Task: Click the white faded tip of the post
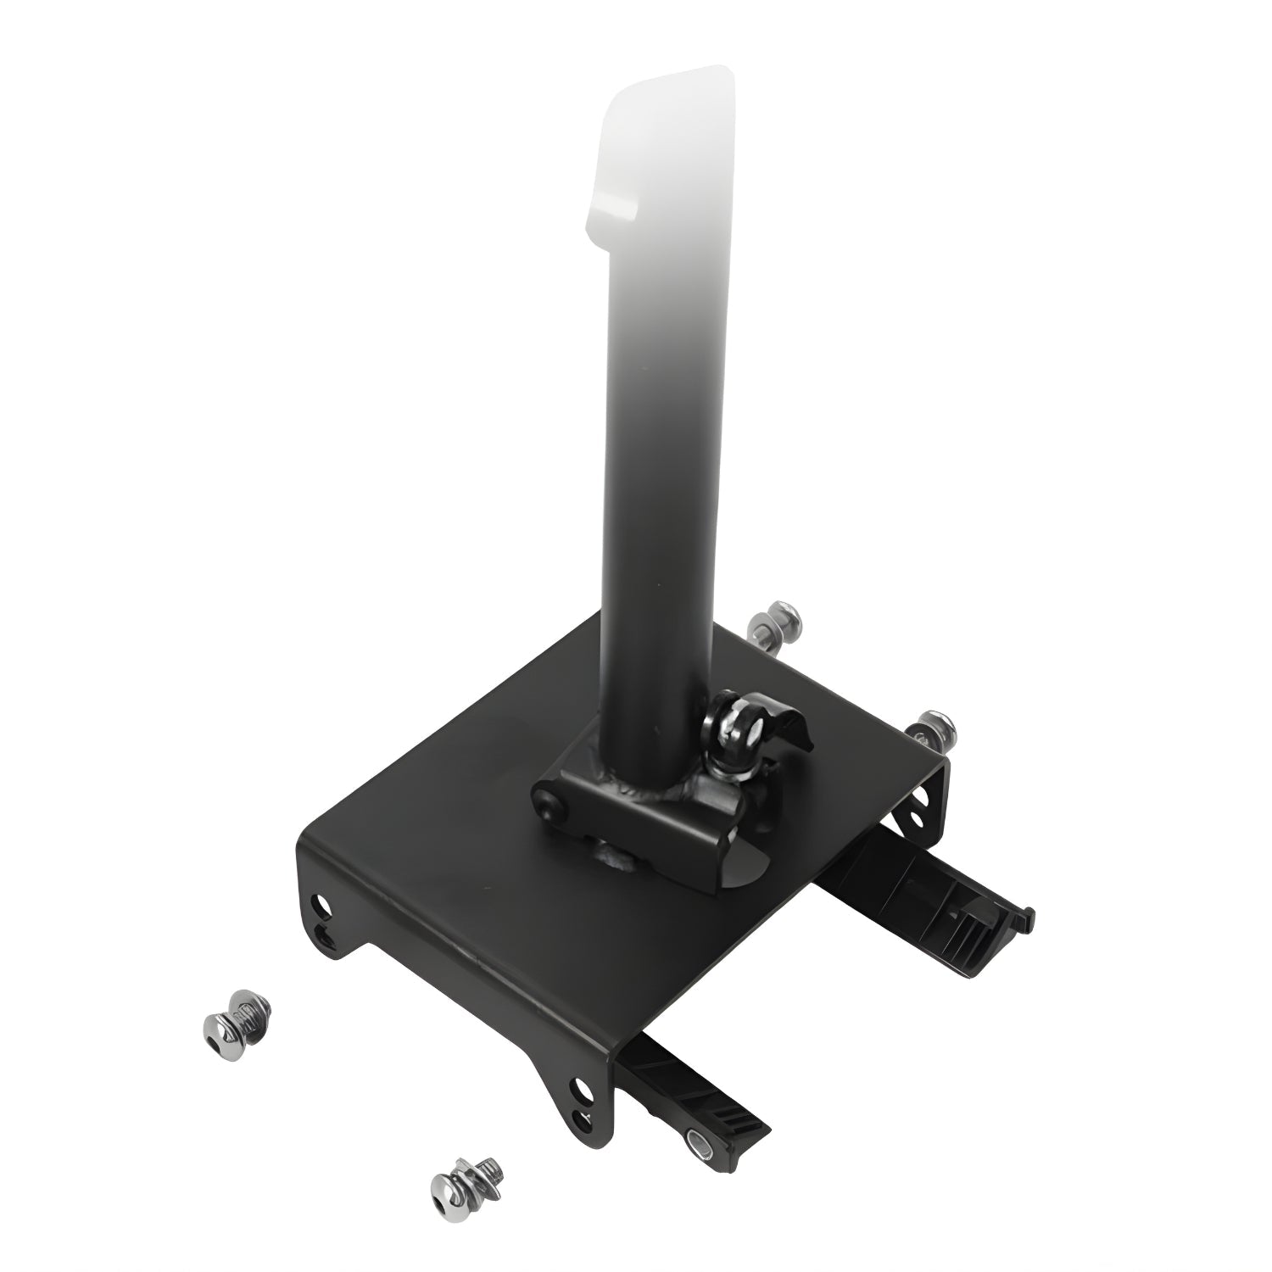tap(666, 144)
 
